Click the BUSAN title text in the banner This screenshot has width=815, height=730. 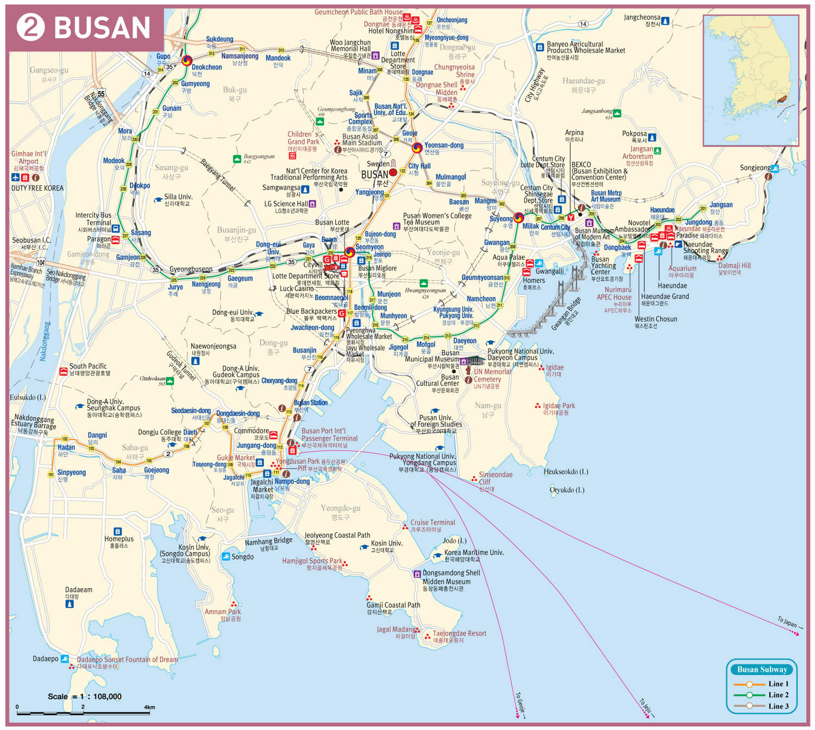[x=102, y=28]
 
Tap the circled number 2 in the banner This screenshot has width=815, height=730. [x=30, y=27]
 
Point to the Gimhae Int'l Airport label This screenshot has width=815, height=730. [x=29, y=157]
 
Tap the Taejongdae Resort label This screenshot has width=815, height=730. [x=459, y=633]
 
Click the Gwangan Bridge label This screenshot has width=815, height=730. [x=566, y=314]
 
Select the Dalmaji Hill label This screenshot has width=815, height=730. [x=734, y=265]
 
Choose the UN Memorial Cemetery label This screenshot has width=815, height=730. [x=492, y=376]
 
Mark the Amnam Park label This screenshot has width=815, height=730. [x=222, y=612]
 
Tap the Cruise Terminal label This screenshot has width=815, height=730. [x=432, y=522]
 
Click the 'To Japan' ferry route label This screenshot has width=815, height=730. [x=787, y=622]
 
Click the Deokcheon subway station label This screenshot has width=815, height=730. [x=206, y=67]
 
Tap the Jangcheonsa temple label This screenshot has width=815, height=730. [x=642, y=17]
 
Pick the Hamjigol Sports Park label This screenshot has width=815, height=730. [x=312, y=561]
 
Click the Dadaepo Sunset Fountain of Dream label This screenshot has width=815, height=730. [x=127, y=659]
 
